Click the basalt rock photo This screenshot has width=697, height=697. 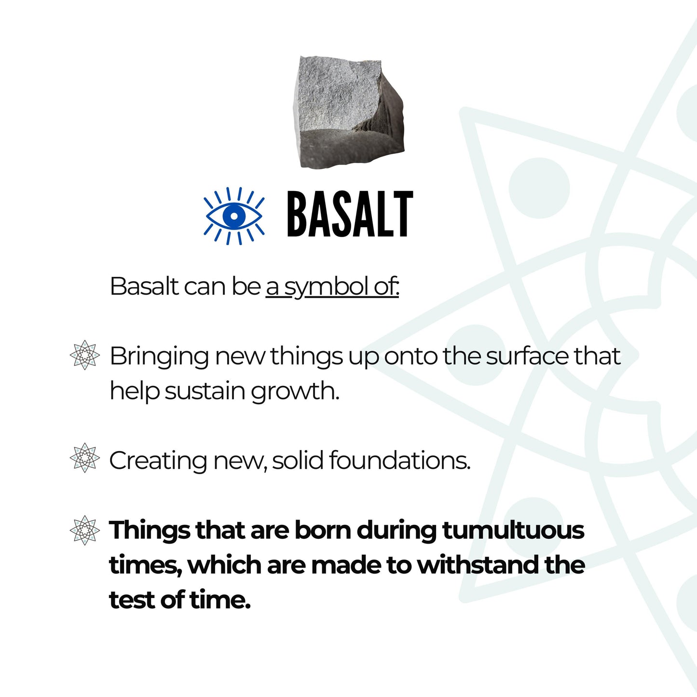(x=347, y=112)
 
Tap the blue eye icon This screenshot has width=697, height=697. (x=234, y=215)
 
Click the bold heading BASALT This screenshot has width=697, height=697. (x=350, y=215)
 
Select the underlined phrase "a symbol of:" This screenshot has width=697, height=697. (x=332, y=287)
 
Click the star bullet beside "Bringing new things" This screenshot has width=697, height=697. (x=85, y=355)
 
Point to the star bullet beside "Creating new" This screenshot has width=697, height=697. (x=85, y=458)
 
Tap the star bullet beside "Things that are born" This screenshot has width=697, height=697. (x=85, y=530)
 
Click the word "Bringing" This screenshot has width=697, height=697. (x=159, y=357)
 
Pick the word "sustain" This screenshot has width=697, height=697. (x=205, y=391)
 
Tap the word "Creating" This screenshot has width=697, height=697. (x=158, y=461)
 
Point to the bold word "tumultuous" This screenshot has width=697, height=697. (x=513, y=530)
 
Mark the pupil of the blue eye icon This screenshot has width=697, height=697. (x=234, y=215)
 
